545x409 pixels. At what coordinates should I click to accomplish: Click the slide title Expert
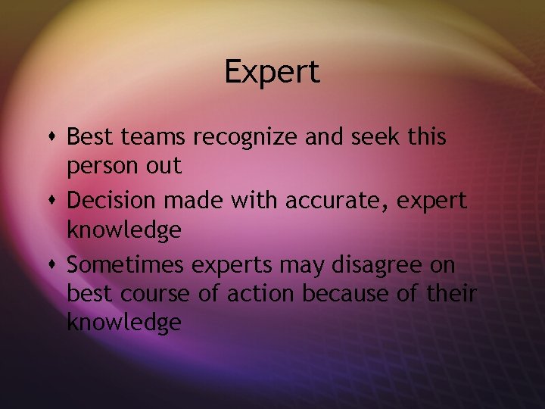click(x=272, y=73)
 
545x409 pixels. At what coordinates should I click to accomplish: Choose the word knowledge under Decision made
click(x=124, y=230)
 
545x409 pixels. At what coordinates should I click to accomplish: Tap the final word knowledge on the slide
click(x=124, y=323)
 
